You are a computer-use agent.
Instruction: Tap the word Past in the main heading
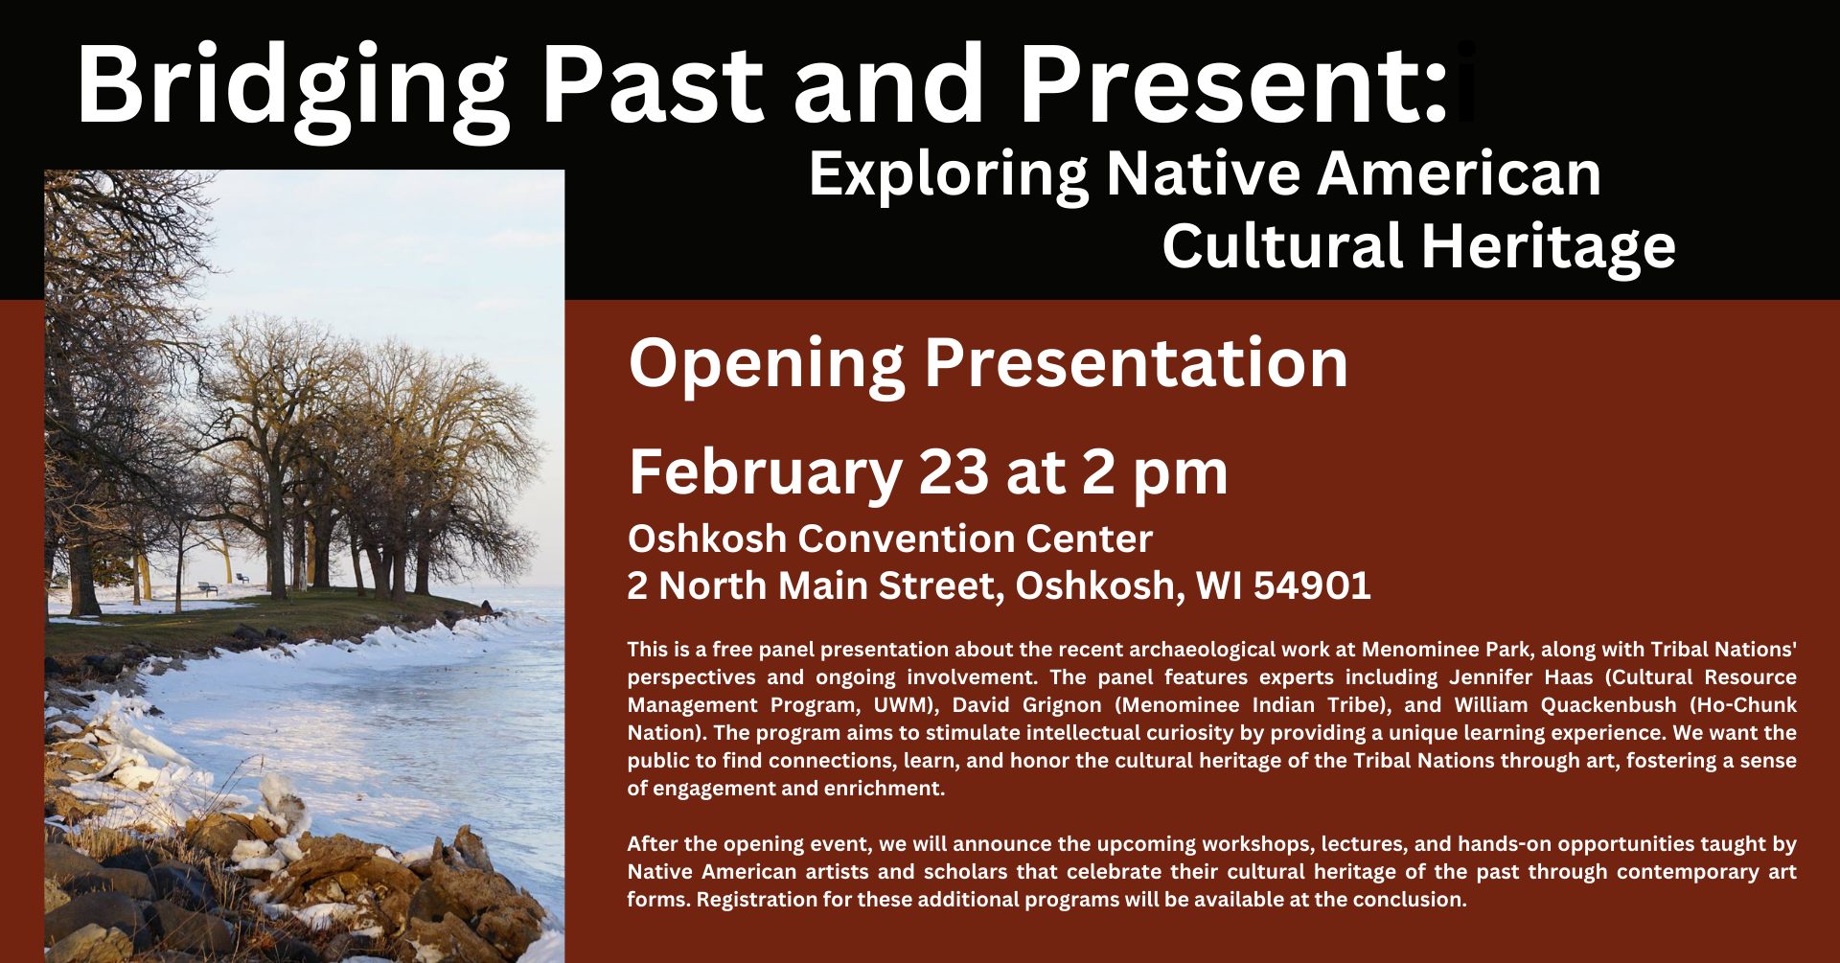click(652, 83)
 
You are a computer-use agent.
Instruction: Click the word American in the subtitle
click(1459, 173)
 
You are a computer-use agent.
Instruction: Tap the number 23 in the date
click(953, 471)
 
